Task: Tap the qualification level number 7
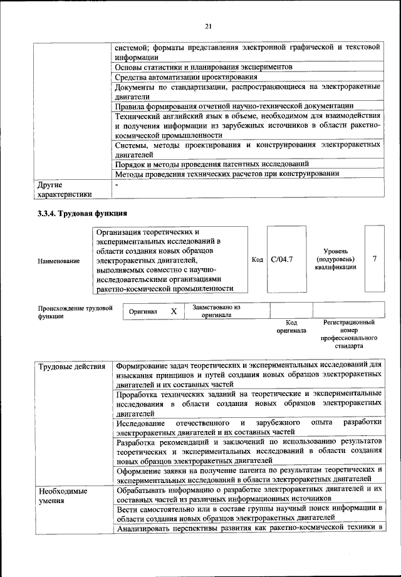[x=374, y=259]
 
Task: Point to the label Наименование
[x=59, y=260]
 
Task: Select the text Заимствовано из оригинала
[x=216, y=311]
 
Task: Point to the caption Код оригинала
[x=291, y=326]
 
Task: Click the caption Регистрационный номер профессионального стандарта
[x=349, y=334]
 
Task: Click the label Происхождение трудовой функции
[x=75, y=312]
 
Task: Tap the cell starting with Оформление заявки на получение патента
[x=249, y=474]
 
